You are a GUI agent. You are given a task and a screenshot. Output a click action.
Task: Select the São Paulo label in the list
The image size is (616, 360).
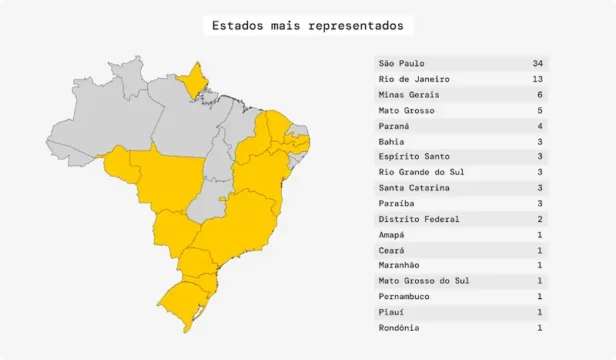[x=401, y=63]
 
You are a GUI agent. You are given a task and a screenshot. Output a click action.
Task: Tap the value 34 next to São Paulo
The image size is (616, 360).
[x=538, y=63]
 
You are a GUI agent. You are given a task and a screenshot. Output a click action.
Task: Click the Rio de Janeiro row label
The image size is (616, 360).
[x=414, y=79]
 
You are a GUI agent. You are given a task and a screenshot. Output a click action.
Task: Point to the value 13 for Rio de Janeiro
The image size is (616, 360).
[x=538, y=79]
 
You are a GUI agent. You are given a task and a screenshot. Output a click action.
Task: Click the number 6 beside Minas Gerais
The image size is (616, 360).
[x=540, y=94]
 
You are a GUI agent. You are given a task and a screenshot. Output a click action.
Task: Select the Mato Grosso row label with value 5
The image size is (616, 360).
[x=404, y=110]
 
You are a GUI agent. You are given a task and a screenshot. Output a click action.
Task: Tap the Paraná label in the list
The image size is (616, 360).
[x=394, y=126]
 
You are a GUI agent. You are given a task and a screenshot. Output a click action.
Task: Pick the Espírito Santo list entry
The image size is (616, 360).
[x=414, y=157]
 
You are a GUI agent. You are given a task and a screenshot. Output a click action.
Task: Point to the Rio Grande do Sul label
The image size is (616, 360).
[x=421, y=172]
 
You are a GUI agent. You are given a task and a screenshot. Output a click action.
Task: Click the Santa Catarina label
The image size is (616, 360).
[x=414, y=188]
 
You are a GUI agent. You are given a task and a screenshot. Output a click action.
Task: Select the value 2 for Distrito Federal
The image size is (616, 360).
[x=540, y=219]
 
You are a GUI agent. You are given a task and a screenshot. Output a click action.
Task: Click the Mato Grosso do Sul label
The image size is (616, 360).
[x=424, y=281]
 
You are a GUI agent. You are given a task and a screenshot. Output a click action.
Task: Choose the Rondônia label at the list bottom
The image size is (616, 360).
[x=398, y=327]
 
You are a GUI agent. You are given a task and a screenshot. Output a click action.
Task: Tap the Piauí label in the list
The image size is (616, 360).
[x=391, y=312]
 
